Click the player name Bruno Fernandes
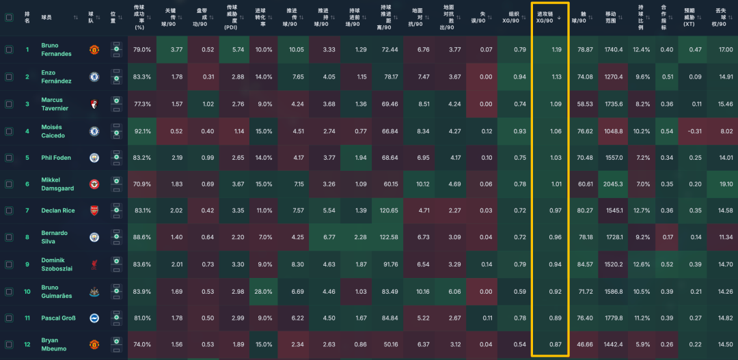point(56,50)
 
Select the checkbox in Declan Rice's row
point(9,210)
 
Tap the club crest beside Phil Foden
point(95,158)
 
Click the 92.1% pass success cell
point(142,130)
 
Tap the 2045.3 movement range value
point(614,184)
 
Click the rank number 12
point(27,345)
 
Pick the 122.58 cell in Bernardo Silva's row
point(390,238)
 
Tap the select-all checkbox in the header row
point(9,18)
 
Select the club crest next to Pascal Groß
point(95,318)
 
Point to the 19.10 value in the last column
point(726,184)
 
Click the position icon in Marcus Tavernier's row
point(116,104)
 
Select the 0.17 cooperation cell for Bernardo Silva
point(667,238)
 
